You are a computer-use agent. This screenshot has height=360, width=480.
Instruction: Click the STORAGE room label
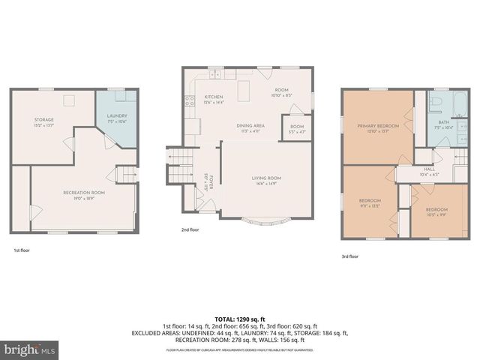click(x=43, y=119)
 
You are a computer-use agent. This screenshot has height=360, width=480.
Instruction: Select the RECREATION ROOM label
click(x=83, y=193)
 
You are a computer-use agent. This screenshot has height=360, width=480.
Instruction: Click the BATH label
click(x=443, y=121)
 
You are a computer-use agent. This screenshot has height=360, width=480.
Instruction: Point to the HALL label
click(x=429, y=169)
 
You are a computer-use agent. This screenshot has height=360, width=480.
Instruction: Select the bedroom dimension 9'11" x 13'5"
click(x=369, y=205)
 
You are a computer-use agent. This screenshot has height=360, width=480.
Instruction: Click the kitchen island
click(x=242, y=91)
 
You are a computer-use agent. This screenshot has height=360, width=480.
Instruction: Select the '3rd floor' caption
click(x=349, y=256)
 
